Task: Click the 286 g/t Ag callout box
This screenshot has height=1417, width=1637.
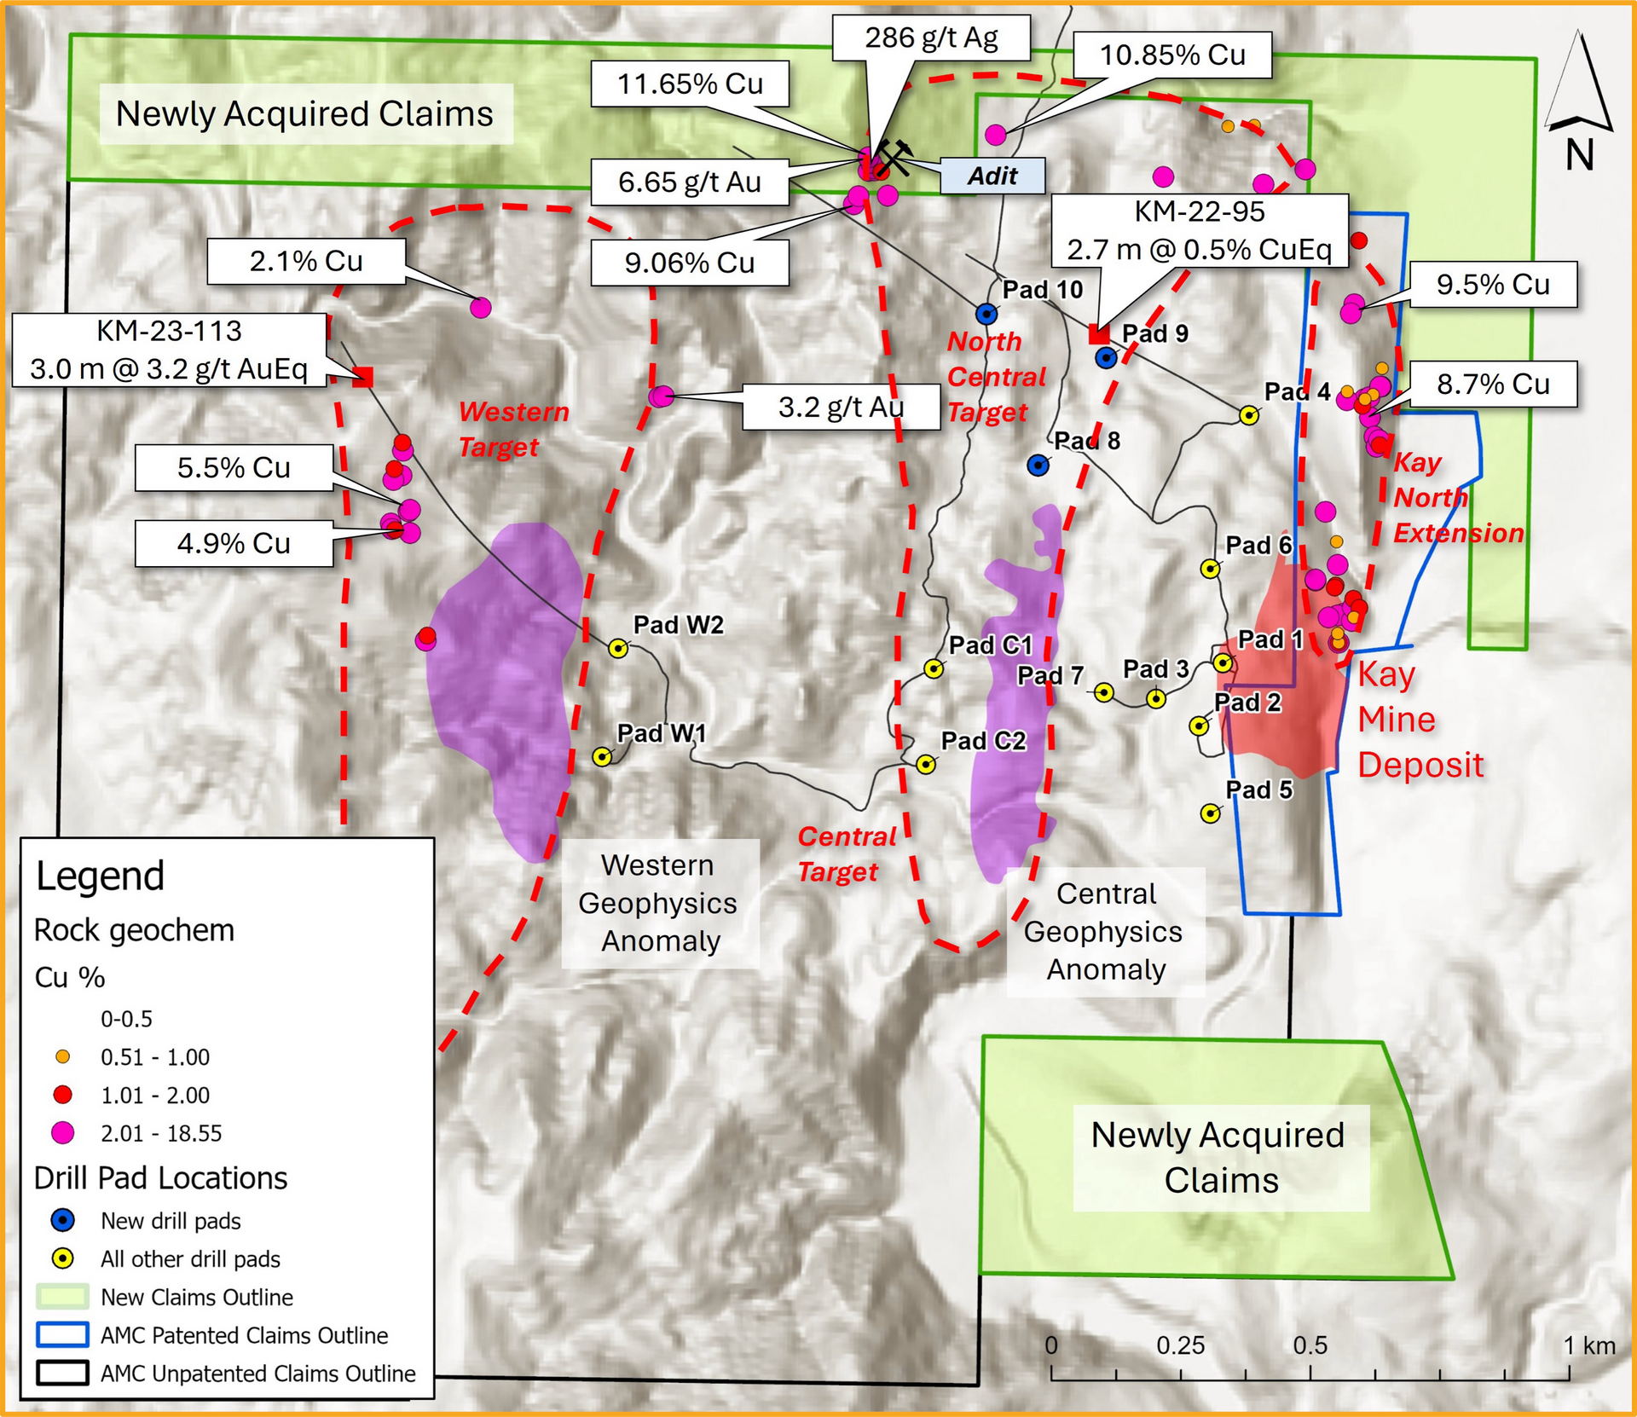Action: point(931,38)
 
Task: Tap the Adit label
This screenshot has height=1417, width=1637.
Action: point(992,176)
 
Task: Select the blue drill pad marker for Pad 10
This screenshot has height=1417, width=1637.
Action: point(986,314)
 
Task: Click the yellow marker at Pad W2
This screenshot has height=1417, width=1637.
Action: point(618,649)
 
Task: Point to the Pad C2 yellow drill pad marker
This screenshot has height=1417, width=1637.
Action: point(926,765)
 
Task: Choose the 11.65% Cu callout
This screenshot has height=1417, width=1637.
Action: point(690,84)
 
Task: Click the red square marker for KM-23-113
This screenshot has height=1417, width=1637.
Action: point(363,377)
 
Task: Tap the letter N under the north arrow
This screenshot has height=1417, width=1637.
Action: point(1579,156)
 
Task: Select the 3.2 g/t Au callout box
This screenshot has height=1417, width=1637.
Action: point(841,408)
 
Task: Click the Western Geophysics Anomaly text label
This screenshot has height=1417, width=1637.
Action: point(659,903)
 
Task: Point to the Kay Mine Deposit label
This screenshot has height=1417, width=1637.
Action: point(1419,720)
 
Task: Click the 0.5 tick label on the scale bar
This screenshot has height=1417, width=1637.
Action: point(1310,1345)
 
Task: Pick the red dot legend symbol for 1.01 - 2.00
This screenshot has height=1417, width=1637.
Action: point(62,1095)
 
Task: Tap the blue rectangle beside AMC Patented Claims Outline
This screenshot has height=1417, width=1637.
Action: point(62,1335)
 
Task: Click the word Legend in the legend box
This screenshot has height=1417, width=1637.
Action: point(100,876)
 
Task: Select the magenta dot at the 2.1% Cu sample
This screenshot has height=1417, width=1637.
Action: point(481,308)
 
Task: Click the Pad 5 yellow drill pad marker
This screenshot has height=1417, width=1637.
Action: point(1210,813)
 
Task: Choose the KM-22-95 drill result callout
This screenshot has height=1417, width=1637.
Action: point(1199,231)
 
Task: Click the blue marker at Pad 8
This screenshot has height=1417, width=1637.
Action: point(1038,466)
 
